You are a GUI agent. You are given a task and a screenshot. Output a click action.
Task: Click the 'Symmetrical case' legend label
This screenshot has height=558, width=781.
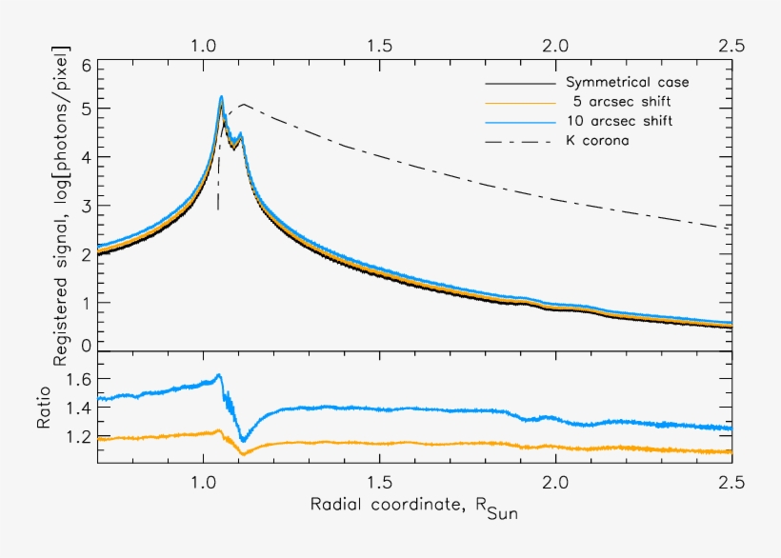pyautogui.click(x=627, y=83)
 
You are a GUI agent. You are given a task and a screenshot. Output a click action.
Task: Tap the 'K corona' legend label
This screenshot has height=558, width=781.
pyautogui.click(x=597, y=141)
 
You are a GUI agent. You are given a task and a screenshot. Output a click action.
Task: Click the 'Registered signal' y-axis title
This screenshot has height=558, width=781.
pyautogui.click(x=62, y=205)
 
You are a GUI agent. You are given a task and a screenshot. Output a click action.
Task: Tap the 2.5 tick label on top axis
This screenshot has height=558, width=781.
pyautogui.click(x=731, y=45)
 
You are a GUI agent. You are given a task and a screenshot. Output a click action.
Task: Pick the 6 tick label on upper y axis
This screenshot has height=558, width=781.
pyautogui.click(x=87, y=66)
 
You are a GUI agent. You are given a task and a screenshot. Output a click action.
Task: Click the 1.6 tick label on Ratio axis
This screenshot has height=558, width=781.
pyautogui.click(x=80, y=379)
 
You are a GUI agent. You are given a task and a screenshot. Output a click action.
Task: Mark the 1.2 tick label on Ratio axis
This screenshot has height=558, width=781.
pyautogui.click(x=80, y=437)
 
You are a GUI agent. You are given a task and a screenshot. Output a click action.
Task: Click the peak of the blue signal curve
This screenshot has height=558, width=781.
pyautogui.click(x=221, y=96)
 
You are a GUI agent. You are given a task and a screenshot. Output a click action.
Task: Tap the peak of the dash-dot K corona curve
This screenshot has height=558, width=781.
pyautogui.click(x=244, y=104)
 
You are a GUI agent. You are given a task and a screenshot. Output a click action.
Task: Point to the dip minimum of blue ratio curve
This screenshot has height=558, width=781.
pyautogui.click(x=243, y=441)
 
